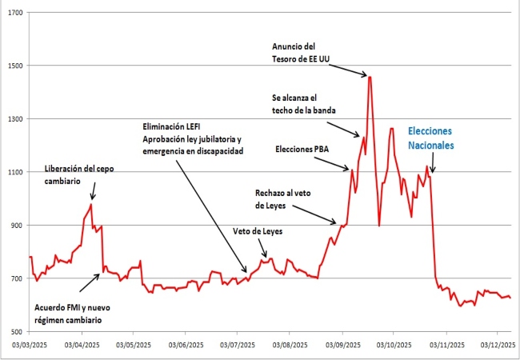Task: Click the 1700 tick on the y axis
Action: (14, 14)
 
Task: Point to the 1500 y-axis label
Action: (14, 66)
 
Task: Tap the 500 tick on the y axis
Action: (15, 330)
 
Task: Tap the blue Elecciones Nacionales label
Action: (430, 138)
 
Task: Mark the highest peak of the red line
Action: (370, 77)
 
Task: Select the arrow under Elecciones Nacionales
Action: (433, 165)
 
